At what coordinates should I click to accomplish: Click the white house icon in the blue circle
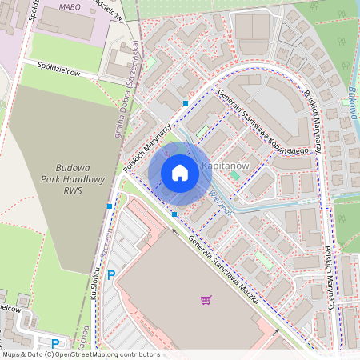tap(179, 172)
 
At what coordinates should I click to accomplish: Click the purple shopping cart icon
tap(206, 300)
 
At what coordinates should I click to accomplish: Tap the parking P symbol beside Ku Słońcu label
tap(111, 274)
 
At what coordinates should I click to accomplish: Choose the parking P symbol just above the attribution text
tap(55, 343)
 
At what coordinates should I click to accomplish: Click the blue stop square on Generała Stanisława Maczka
tap(174, 214)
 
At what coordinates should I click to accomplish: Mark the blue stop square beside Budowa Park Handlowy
tap(109, 206)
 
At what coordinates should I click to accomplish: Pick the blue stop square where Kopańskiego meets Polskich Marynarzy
tap(186, 103)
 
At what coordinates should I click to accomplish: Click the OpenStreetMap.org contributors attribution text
tap(104, 354)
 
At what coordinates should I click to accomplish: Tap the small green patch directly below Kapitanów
tap(234, 174)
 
